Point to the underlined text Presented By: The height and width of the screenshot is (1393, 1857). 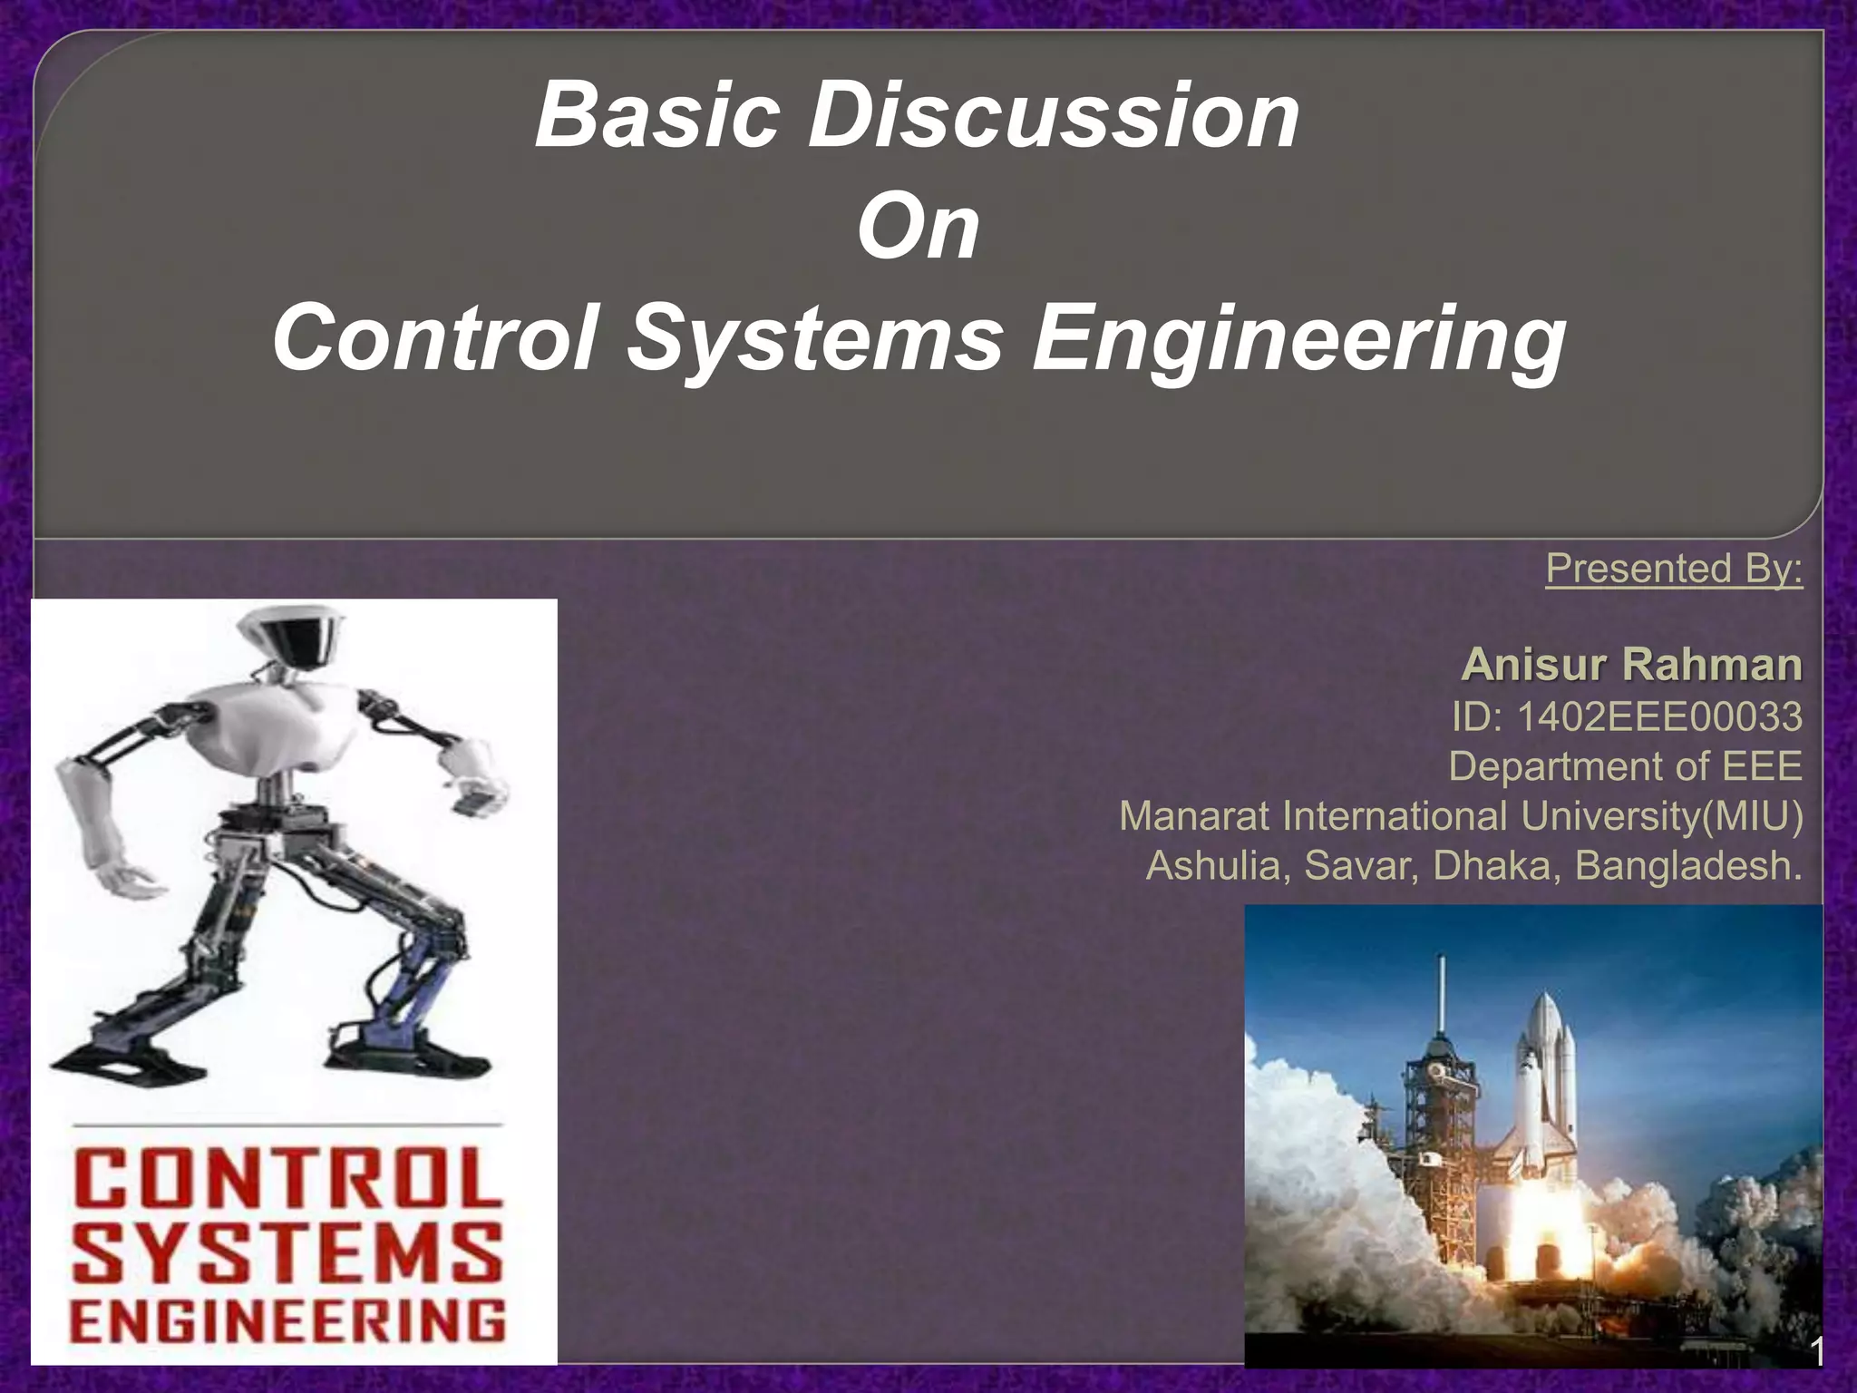click(1674, 569)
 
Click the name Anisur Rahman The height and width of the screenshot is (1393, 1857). click(1631, 665)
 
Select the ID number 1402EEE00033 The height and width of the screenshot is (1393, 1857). click(1658, 717)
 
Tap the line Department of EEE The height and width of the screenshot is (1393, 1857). click(1625, 766)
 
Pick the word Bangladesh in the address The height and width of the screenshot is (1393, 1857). click(1687, 865)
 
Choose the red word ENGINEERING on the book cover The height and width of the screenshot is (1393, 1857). click(288, 1320)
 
